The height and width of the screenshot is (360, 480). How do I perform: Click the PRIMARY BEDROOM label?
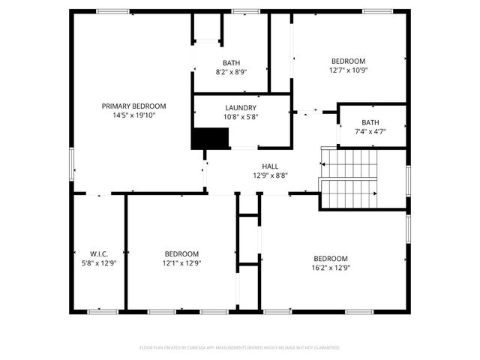133,106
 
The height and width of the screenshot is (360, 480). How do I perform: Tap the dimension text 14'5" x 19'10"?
133,115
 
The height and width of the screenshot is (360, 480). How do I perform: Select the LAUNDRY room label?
241,108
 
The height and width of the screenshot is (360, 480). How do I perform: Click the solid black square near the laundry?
210,139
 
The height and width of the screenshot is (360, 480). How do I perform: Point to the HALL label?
270,166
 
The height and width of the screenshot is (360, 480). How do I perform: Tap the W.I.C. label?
99,254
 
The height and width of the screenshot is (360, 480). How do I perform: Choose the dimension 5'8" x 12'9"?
99,263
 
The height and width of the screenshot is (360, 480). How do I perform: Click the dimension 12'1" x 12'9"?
182,263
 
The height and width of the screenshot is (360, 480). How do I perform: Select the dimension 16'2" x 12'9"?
331,268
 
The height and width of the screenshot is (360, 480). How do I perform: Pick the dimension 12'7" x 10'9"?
349,70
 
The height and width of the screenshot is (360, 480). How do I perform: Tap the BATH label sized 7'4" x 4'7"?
370,122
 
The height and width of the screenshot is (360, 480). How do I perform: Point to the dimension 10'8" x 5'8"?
241,117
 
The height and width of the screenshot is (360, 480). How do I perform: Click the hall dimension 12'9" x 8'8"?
270,175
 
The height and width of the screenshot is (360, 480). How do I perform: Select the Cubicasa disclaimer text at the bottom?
240,348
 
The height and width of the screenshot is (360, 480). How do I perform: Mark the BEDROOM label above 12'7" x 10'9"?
349,61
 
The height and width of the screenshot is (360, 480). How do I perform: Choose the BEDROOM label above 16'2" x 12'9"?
331,259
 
